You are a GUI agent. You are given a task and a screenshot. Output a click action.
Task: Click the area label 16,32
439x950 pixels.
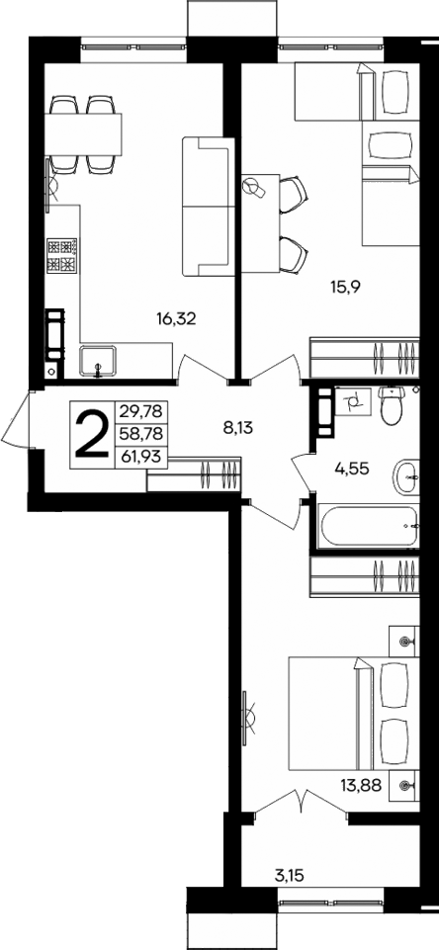tap(175, 318)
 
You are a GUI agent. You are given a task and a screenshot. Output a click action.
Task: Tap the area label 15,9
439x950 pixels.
tap(345, 288)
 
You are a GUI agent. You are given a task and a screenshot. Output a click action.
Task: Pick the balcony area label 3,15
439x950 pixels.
tap(289, 875)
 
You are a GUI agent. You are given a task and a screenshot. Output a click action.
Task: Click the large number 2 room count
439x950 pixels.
tap(92, 435)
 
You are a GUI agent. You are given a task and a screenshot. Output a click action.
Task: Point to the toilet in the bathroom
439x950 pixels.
tap(393, 403)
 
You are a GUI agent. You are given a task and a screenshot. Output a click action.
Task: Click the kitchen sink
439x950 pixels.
tap(98, 360)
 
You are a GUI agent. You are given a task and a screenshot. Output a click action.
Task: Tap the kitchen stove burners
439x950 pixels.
tap(62, 257)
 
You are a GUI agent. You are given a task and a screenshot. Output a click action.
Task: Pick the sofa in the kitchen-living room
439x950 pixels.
tap(206, 206)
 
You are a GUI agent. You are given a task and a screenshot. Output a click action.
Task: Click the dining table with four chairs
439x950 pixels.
tap(86, 131)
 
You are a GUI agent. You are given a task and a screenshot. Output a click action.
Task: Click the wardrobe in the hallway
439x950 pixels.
tap(194, 475)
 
